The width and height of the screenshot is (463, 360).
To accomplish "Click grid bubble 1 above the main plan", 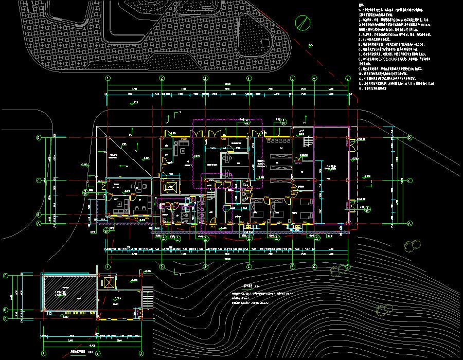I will (x=108, y=78).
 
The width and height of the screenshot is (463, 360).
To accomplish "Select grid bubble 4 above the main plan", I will (x=248, y=78).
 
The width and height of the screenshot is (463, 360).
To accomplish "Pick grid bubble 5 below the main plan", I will (x=292, y=267).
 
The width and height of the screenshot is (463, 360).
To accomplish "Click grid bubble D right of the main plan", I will (x=409, y=138).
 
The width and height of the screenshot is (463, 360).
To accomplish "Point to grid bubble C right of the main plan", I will (x=409, y=181).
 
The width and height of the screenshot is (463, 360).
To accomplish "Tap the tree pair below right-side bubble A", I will (x=412, y=245).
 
